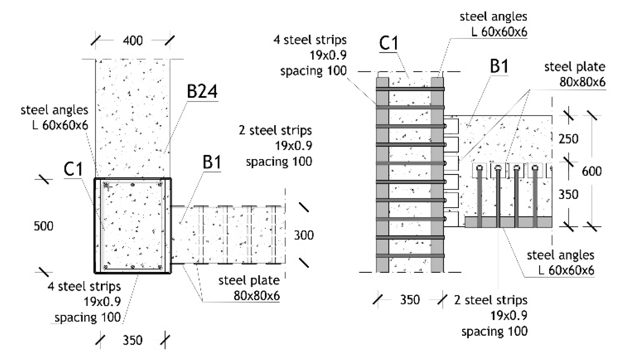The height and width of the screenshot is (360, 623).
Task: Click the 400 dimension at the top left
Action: click(x=133, y=40)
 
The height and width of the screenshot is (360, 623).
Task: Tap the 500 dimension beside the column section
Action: click(x=43, y=226)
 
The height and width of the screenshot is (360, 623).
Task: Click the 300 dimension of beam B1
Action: click(x=303, y=235)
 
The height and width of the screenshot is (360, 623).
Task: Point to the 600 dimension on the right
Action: click(x=591, y=171)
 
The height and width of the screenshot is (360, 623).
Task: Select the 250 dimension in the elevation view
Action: click(x=568, y=139)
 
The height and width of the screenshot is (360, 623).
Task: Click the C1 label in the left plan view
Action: click(x=73, y=169)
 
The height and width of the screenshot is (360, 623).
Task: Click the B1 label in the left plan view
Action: click(x=212, y=162)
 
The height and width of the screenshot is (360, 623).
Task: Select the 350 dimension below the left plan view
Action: click(x=132, y=340)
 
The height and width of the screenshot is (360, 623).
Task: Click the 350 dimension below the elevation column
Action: click(x=410, y=300)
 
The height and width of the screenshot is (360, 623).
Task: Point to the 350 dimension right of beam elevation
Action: click(x=568, y=194)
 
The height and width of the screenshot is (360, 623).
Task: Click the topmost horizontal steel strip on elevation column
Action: click(x=410, y=89)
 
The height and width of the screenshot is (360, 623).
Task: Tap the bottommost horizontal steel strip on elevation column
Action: click(x=410, y=256)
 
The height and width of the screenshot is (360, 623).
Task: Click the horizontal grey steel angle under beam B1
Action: click(x=508, y=222)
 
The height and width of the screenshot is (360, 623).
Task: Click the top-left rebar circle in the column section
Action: click(x=106, y=184)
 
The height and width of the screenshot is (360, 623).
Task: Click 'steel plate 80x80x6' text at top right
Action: click(x=575, y=74)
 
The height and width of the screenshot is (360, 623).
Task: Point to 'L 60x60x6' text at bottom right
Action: click(x=566, y=270)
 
